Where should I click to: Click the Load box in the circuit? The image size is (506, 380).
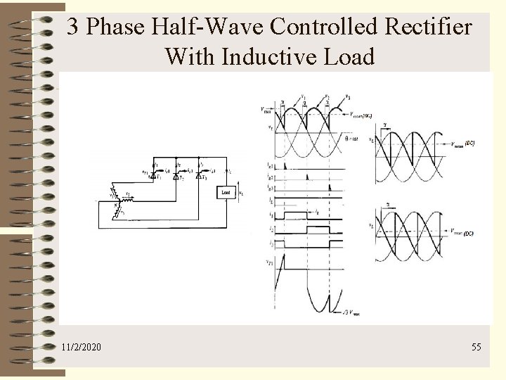coord(226,191)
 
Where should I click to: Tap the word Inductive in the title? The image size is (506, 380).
coord(270,56)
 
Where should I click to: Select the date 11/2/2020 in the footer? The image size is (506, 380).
coord(81,347)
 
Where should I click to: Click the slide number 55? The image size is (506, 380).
coord(476,347)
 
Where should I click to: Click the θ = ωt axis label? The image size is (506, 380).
coord(354,139)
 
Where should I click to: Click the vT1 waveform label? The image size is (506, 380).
coord(271,262)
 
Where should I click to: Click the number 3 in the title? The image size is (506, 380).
coord(72,27)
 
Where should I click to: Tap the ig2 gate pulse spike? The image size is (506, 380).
coord(306,177)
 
